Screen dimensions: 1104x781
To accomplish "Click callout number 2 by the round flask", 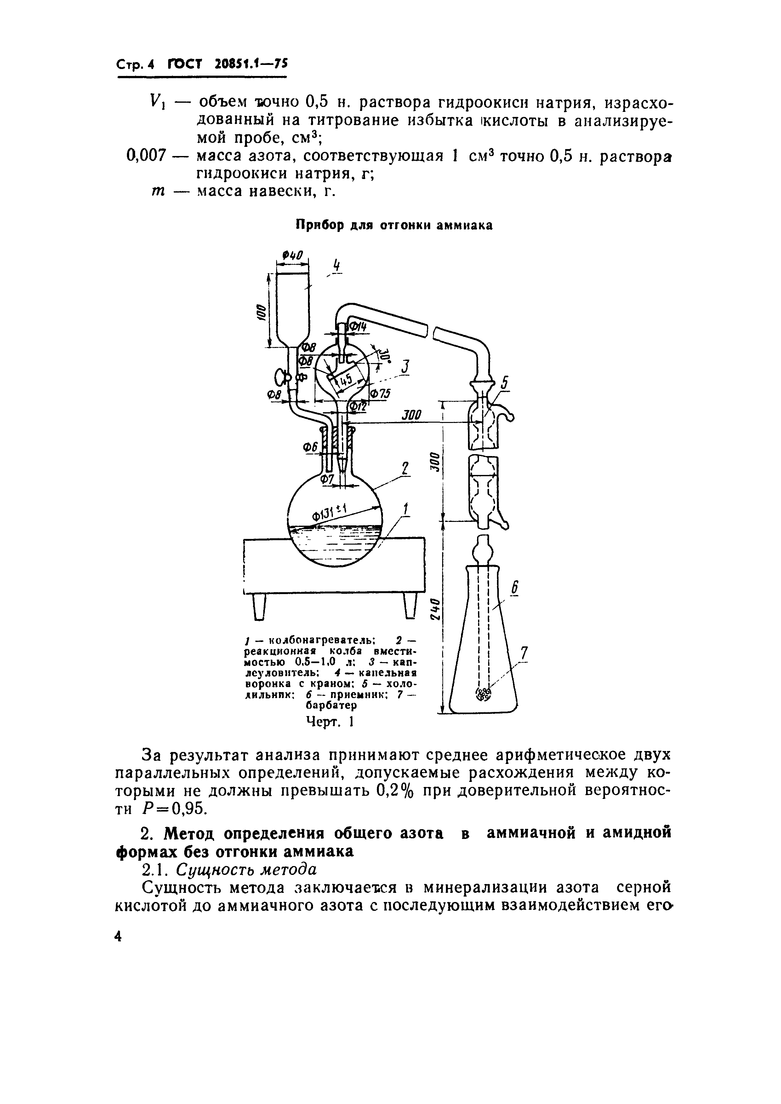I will (405, 468).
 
